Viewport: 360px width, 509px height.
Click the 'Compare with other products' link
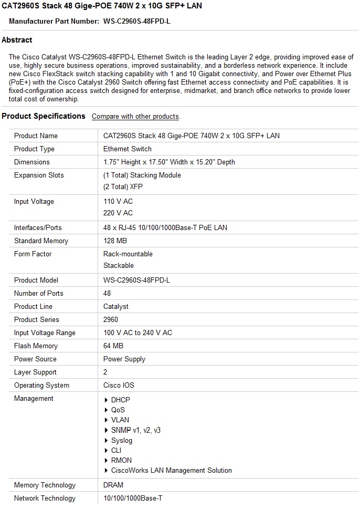tap(135, 117)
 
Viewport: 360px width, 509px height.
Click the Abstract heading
tap(17, 40)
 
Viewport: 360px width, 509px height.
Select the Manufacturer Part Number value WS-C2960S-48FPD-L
tap(137, 22)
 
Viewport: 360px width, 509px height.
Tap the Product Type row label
tap(34, 149)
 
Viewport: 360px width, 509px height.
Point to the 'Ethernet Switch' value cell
tap(128, 149)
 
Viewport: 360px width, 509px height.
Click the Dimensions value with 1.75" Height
tap(169, 162)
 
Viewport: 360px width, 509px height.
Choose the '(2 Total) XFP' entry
tap(123, 186)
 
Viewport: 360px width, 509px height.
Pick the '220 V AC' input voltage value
tap(118, 213)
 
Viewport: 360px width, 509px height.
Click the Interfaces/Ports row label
tap(38, 227)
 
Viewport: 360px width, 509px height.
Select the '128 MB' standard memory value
tap(115, 241)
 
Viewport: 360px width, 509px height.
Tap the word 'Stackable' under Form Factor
tap(119, 265)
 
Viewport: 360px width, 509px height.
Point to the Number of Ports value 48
tap(107, 293)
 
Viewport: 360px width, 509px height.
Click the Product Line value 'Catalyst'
tap(116, 306)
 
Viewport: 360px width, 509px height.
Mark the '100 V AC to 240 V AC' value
tap(137, 333)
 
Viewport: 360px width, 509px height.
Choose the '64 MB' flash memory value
tap(113, 346)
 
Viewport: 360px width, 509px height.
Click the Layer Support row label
tap(35, 372)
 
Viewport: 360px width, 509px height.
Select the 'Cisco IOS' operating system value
tap(119, 385)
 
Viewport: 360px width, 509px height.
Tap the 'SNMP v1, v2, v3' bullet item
tap(135, 430)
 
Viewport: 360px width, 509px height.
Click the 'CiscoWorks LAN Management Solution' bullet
tap(171, 470)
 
